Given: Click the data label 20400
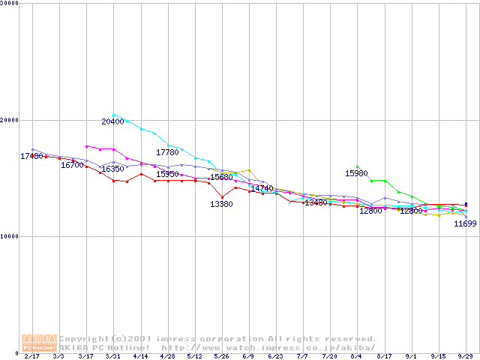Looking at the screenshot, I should point(112,121).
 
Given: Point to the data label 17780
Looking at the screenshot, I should point(167,153).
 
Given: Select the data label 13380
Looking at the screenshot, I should point(221,205).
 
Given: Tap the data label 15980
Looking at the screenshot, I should point(356,173).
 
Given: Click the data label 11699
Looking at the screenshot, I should point(465,224).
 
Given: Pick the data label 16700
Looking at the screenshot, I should point(72,165).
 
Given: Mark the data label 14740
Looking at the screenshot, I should point(262,189).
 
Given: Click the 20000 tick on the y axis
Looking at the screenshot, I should point(10,120).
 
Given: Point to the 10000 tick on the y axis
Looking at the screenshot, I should point(10,236).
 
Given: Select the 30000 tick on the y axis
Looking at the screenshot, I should point(10,4).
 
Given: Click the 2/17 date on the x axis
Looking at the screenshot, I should point(31,357).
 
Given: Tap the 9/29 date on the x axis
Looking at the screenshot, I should point(466,357).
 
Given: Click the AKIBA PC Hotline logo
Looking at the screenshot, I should point(40,343).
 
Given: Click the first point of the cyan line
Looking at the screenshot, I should point(114,115).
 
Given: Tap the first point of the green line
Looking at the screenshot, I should point(358,166).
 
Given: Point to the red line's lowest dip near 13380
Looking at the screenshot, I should point(222,196).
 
